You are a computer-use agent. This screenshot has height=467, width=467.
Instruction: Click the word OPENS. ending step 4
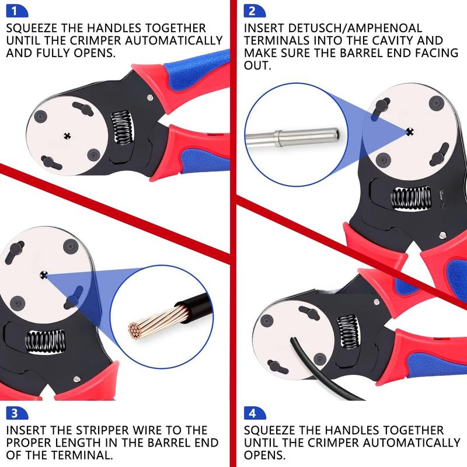pos(265,455)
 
